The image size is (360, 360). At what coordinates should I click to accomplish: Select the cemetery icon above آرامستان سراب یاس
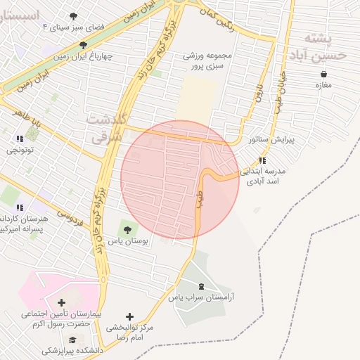[202, 285]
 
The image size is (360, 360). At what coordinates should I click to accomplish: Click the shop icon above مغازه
[323, 73]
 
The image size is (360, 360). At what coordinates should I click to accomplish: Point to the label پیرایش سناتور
[273, 140]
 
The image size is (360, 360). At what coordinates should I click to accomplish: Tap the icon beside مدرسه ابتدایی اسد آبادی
[262, 160]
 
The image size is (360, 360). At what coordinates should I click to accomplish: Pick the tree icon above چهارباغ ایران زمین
[84, 45]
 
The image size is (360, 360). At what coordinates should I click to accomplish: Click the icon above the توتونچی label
[20, 139]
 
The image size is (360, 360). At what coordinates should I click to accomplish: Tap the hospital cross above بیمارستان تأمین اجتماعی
[61, 302]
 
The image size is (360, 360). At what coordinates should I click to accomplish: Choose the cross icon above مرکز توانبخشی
[129, 316]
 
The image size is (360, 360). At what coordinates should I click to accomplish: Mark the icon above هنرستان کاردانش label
[20, 207]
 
